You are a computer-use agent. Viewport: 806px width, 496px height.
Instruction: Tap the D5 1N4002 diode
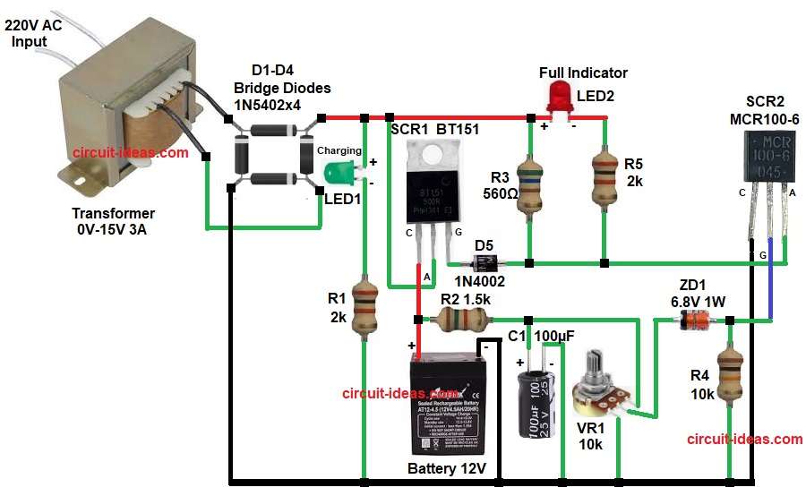pos(484,262)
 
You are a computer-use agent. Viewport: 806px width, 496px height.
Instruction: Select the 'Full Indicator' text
pos(583,73)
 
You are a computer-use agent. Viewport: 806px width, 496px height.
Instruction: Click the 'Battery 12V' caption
pos(446,469)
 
